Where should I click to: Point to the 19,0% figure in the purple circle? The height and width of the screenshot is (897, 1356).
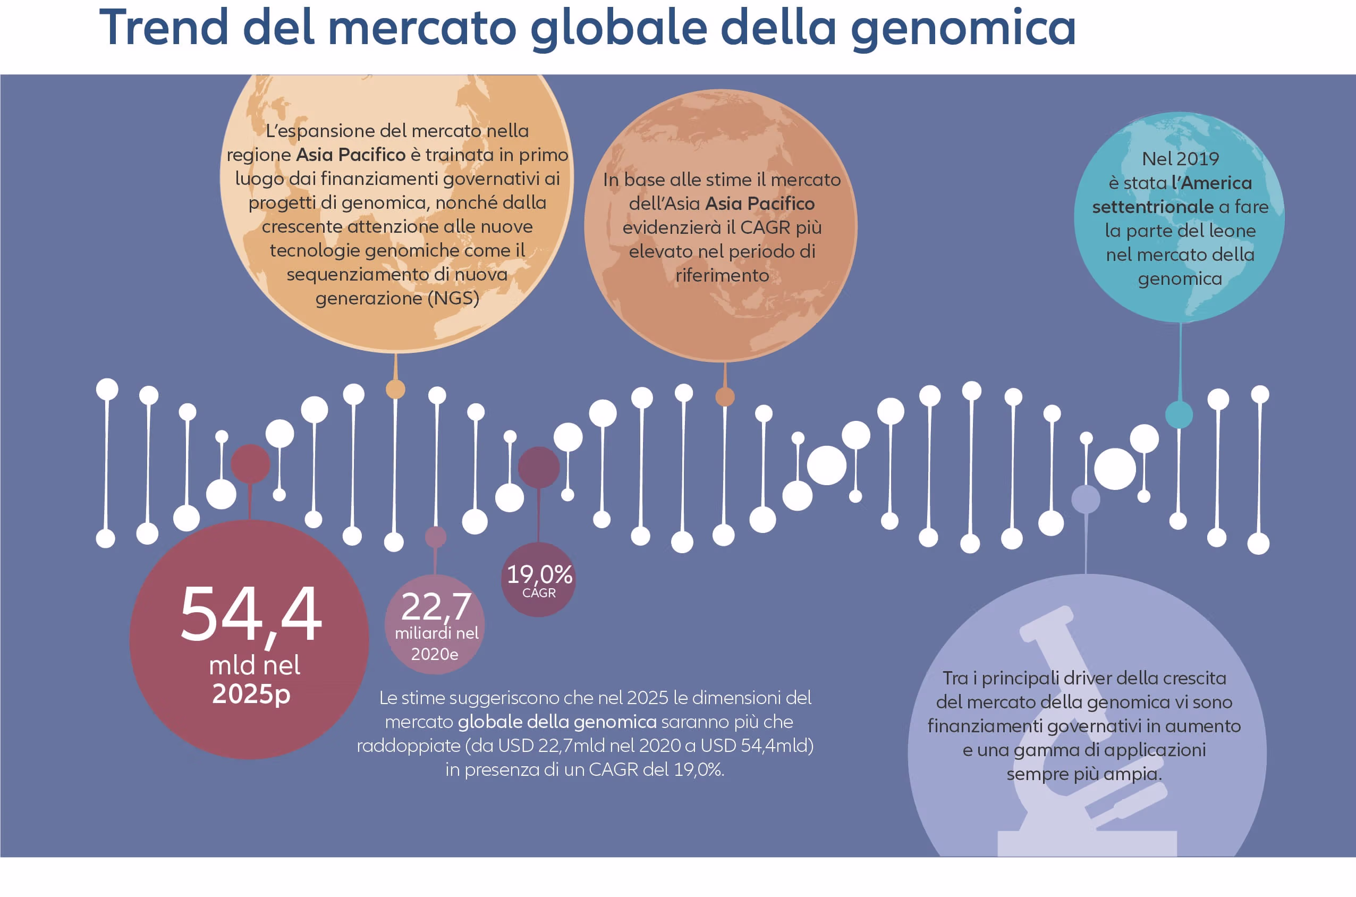click(539, 574)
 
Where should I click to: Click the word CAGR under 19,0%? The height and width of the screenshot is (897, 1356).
click(539, 593)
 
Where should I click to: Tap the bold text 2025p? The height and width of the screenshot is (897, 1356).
click(252, 695)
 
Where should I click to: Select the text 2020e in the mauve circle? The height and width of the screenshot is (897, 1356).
click(435, 654)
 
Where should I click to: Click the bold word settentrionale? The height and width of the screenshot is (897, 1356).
click(1152, 207)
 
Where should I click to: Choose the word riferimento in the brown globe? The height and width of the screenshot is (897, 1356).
click(722, 275)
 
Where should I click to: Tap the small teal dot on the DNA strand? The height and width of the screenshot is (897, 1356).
click(1179, 414)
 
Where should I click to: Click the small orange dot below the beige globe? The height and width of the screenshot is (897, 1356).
click(395, 389)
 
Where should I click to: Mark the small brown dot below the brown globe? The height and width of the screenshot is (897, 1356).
click(725, 396)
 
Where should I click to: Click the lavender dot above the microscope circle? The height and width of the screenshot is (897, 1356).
click(1086, 499)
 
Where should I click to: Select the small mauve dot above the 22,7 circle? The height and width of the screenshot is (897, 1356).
click(436, 537)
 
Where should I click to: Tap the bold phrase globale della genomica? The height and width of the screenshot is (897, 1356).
click(557, 722)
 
